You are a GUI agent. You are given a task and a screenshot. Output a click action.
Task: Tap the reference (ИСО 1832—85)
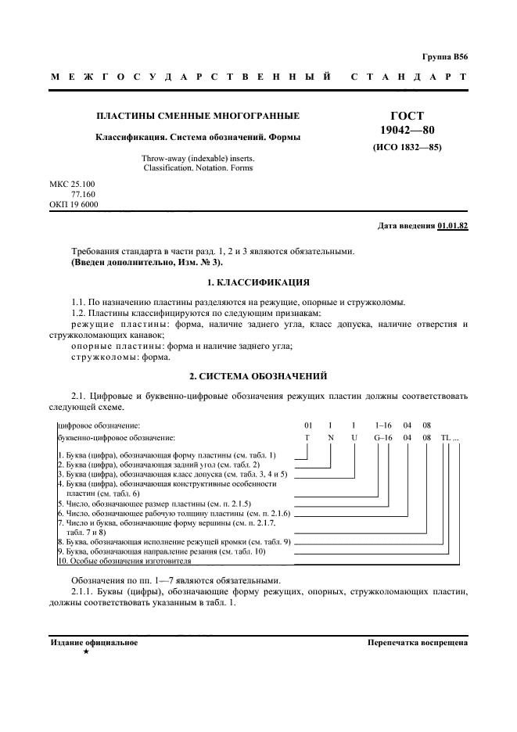coord(407,146)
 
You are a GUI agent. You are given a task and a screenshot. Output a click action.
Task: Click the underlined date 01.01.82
coord(453,226)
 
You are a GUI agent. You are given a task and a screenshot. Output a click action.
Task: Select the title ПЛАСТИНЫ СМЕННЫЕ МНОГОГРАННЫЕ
coord(197,117)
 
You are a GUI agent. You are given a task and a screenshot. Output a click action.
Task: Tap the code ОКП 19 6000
coord(74,205)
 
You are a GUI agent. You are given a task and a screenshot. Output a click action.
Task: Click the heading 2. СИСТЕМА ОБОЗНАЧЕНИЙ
coord(258,376)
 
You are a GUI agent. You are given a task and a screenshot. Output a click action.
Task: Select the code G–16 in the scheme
coord(382,438)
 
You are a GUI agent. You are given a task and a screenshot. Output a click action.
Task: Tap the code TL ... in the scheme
coord(451,438)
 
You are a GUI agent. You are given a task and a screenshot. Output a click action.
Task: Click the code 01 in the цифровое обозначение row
coord(309,425)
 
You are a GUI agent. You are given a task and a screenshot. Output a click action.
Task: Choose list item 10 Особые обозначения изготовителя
coord(124,561)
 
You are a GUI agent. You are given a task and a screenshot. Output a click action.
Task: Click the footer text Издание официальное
coord(94,643)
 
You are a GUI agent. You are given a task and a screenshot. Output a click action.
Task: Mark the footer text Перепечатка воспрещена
coord(417,643)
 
